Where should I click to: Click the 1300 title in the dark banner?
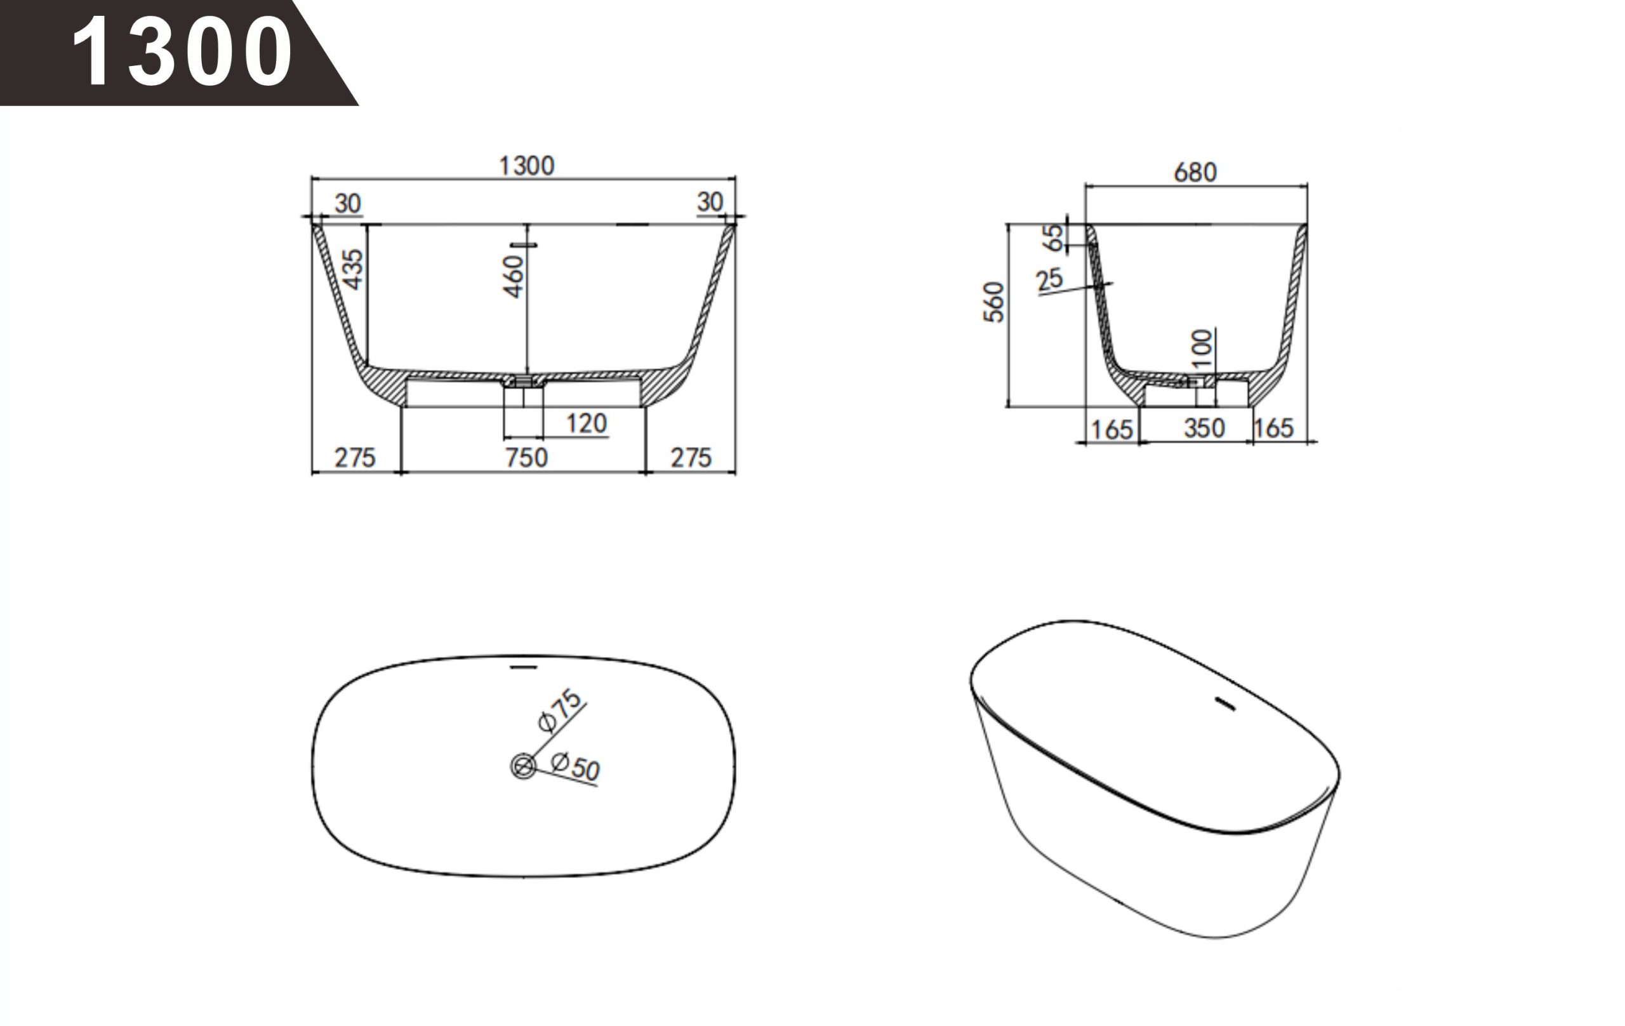[182, 52]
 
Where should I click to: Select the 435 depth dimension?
[352, 269]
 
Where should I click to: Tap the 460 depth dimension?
[513, 276]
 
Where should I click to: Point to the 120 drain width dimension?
[587, 424]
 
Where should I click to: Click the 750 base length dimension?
[526, 458]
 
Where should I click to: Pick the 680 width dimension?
[1195, 173]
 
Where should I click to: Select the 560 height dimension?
[994, 302]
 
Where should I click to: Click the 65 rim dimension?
[1052, 237]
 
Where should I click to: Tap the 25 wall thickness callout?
[1049, 279]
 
